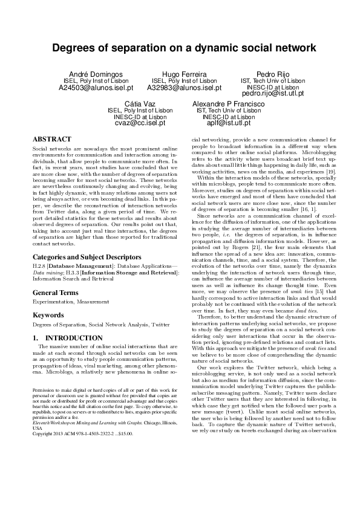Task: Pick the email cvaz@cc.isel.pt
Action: click(x=140, y=123)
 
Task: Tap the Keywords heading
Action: click(x=49, y=315)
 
